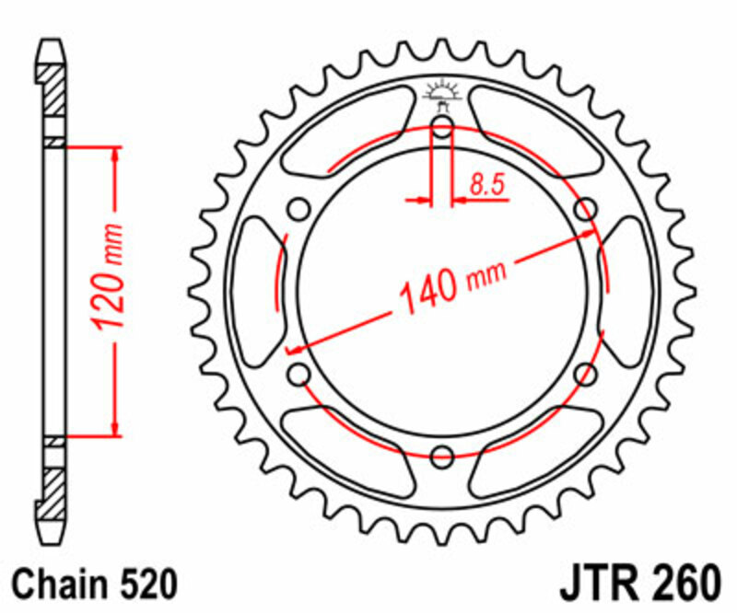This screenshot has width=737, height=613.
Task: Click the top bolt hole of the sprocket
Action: tap(442, 128)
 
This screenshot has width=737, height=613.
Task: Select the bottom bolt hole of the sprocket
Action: tap(442, 454)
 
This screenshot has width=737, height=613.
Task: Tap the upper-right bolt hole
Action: tap(584, 210)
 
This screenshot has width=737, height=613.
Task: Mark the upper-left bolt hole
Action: tap(299, 210)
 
